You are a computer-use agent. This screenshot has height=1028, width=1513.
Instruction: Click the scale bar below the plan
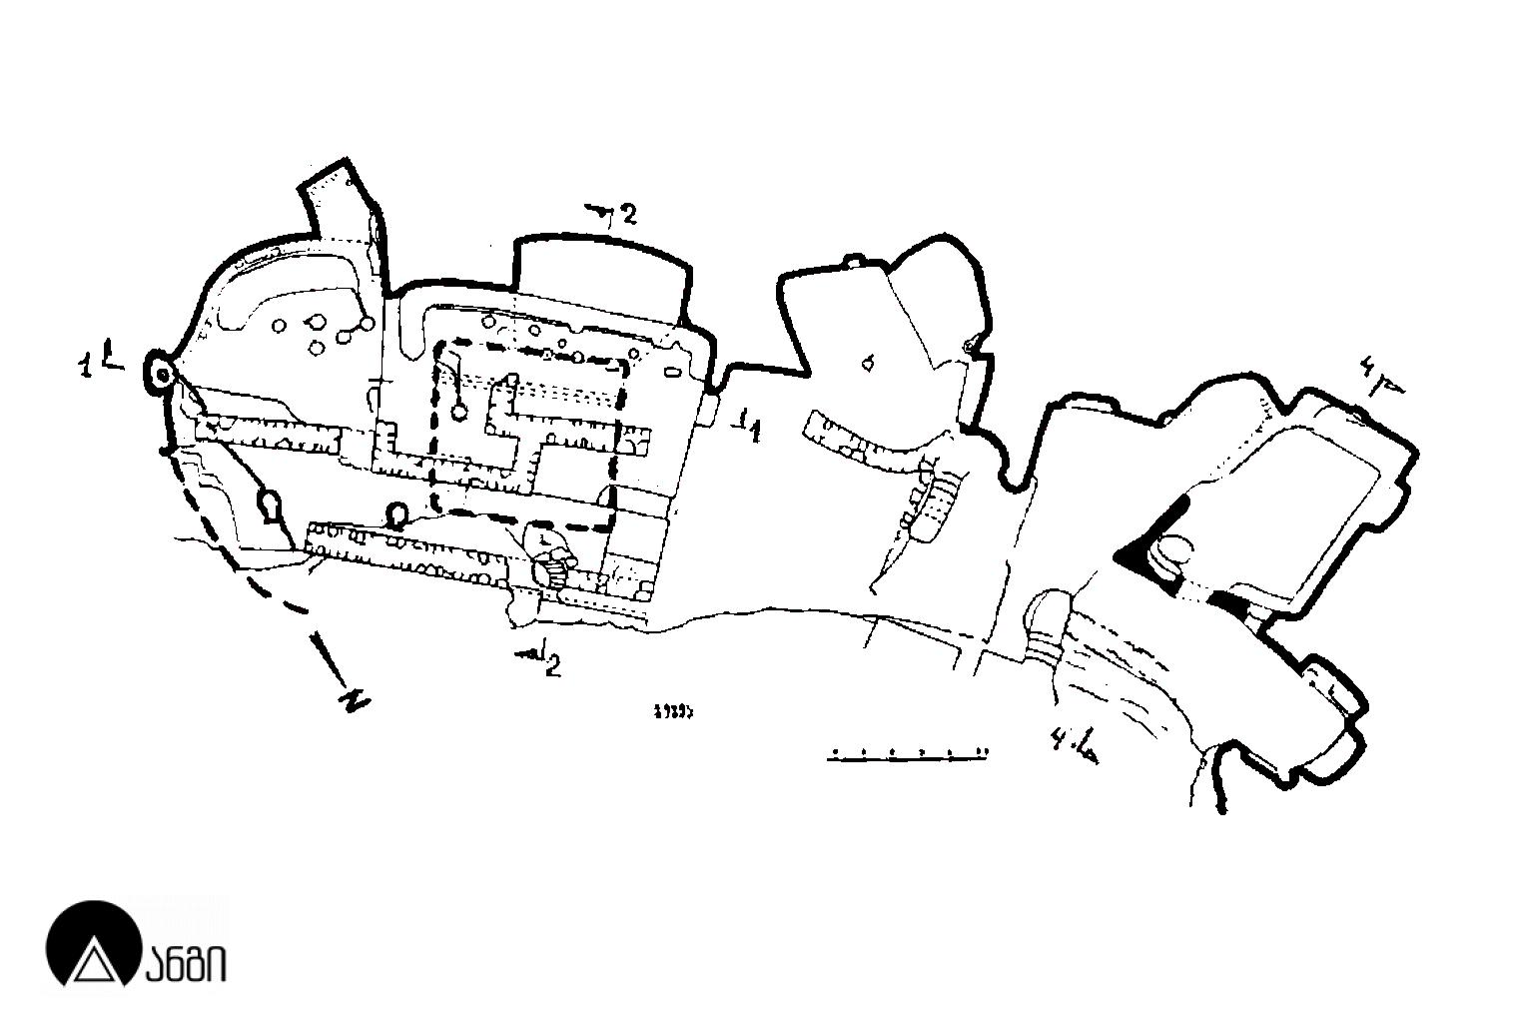(x=908, y=756)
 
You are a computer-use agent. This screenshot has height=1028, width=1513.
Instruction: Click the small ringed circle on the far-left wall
(x=160, y=373)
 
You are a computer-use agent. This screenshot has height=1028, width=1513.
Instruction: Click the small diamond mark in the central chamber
(x=867, y=362)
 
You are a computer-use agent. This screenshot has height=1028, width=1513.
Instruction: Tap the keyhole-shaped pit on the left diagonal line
(x=270, y=506)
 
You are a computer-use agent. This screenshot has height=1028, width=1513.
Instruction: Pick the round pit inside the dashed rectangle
(x=460, y=410)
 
